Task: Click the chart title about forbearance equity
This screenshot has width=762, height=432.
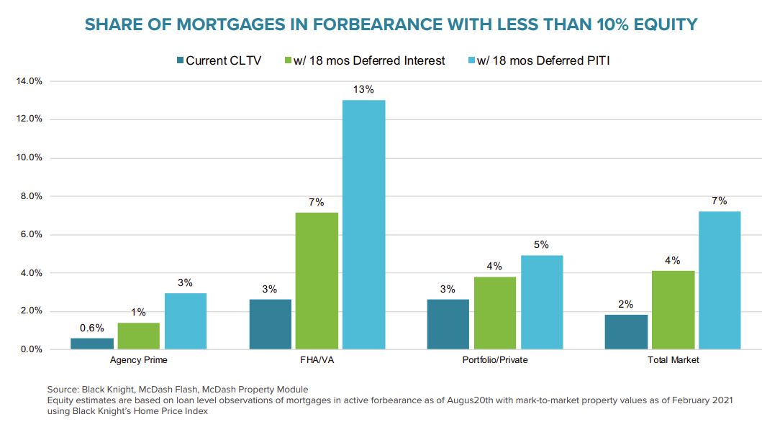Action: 391,24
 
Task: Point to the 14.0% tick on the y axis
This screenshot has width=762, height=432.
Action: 29,81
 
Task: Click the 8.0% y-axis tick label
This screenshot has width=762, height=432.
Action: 31,196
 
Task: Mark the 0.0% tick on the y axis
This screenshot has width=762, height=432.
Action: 31,349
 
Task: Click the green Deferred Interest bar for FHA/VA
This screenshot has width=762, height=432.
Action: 317,281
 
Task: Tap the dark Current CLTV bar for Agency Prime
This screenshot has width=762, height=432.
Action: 92,344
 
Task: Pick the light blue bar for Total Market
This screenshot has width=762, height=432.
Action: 719,280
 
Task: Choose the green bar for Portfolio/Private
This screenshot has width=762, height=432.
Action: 494,313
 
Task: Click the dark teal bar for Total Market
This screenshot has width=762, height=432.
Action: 626,332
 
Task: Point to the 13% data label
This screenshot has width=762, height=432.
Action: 363,90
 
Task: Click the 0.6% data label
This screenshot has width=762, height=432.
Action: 92,328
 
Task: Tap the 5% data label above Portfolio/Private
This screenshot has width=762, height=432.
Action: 541,245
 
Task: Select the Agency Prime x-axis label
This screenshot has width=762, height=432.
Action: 139,360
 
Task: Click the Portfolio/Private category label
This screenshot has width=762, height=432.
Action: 494,360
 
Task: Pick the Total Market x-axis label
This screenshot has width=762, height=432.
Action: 672,360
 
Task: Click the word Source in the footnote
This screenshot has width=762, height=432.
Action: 63,389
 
